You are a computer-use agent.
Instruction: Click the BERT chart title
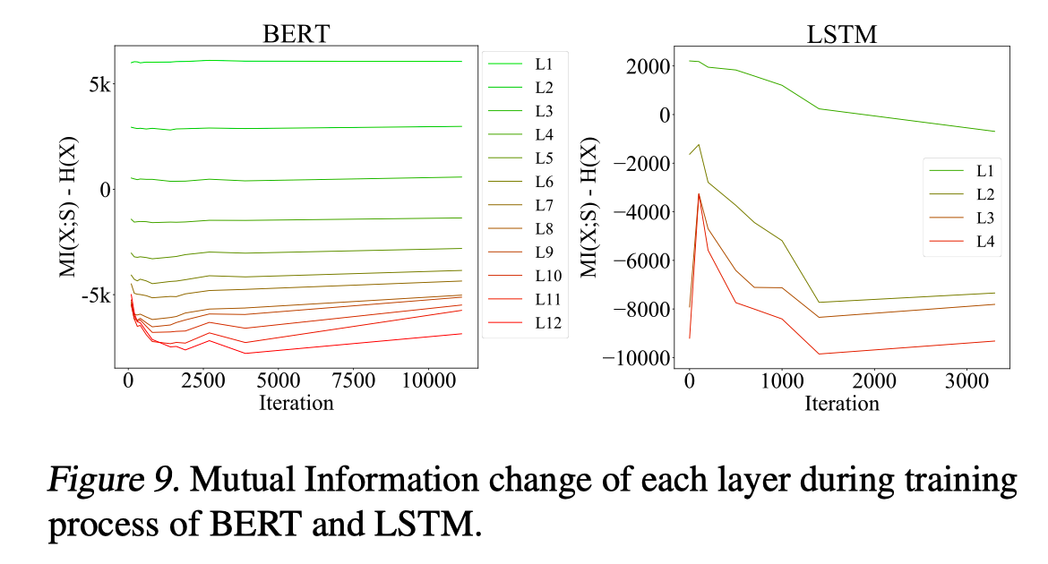[x=296, y=33]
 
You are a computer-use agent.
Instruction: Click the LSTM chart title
[x=842, y=35]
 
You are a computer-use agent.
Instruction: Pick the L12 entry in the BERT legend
[x=547, y=323]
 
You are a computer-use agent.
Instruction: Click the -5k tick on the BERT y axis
[x=94, y=296]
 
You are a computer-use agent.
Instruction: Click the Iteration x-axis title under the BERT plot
[x=296, y=402]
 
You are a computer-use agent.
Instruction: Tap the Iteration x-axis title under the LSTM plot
[x=842, y=403]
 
